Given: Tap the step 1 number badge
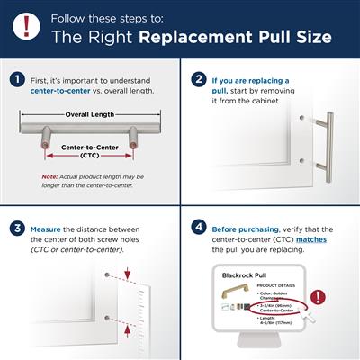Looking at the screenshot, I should click(17, 79).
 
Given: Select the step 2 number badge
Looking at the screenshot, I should click(198, 79).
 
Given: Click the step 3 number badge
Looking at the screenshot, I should click(17, 226).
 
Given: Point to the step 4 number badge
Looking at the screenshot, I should click(198, 226).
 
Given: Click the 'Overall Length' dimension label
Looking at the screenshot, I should click(90, 115).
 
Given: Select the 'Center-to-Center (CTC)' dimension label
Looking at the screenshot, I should click(90, 148).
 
